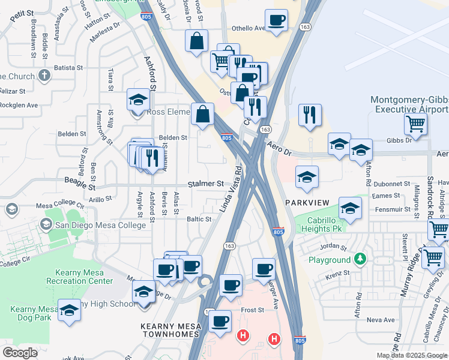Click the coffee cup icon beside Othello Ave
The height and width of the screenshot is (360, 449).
[276, 20]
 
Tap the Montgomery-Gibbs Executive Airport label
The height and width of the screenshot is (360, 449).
[409, 104]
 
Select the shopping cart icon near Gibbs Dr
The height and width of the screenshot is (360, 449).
[415, 124]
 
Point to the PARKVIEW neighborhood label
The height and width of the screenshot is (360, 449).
[308, 202]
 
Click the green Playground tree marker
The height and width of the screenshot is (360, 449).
[360, 259]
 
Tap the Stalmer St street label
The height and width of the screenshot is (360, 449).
[205, 184]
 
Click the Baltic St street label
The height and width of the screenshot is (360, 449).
[199, 220]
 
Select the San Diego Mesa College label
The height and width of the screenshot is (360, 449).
[100, 225]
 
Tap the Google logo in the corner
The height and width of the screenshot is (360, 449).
[20, 353]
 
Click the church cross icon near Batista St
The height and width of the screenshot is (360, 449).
[43, 76]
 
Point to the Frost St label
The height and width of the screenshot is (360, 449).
[253, 310]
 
